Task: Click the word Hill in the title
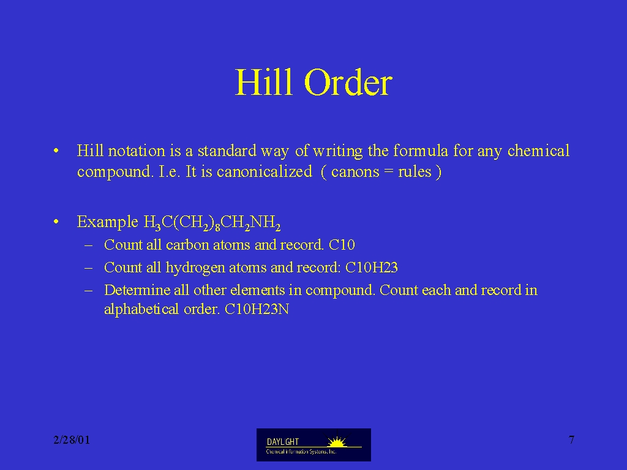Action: point(263,82)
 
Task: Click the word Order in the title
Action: point(348,82)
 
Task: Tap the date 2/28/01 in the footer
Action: point(72,440)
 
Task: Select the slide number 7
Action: point(571,440)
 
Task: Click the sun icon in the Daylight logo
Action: point(337,441)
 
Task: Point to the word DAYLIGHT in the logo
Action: point(283,442)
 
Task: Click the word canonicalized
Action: point(265,171)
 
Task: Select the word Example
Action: point(108,222)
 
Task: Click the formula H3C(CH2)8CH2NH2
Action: point(212,223)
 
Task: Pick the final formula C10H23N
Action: point(257,309)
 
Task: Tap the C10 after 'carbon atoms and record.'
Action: point(342,245)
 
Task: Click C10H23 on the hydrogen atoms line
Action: point(372,267)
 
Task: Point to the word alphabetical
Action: point(141,309)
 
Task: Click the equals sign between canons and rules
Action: point(388,172)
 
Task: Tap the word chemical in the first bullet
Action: point(539,151)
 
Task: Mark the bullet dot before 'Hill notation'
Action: point(56,151)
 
